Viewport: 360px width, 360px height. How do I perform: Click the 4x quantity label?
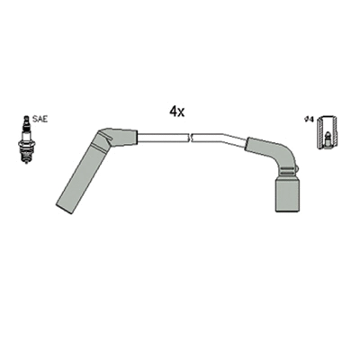click(177, 112)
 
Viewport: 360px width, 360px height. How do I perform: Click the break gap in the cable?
click(191, 138)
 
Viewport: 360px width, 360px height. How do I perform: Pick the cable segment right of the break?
click(219, 139)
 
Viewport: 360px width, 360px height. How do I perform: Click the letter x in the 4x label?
click(182, 112)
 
